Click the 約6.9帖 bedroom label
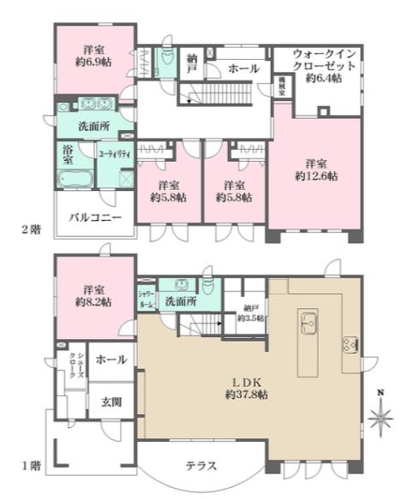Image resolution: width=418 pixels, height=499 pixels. pyautogui.click(x=94, y=56)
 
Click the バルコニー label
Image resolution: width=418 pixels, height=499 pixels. pyautogui.click(x=94, y=217)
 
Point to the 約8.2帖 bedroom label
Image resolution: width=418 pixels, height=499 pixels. pyautogui.click(x=94, y=296)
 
